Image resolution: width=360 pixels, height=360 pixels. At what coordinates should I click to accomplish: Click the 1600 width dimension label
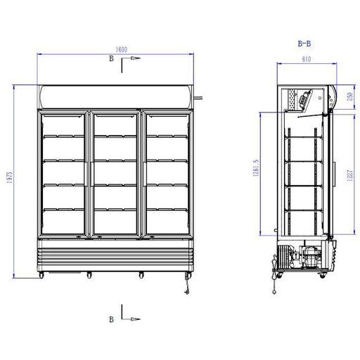(122, 49)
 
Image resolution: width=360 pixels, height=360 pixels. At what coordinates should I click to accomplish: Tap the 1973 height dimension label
(9, 177)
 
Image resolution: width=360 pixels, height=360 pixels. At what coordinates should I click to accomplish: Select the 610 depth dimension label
(307, 59)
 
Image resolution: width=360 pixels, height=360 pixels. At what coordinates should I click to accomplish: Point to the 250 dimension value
(350, 96)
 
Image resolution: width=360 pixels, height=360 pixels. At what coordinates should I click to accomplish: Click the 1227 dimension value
(349, 176)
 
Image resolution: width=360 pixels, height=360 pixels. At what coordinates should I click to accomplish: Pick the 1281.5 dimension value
(256, 167)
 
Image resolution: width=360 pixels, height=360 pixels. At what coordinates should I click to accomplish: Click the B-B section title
(304, 44)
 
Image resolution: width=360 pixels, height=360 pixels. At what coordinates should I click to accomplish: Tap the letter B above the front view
(111, 58)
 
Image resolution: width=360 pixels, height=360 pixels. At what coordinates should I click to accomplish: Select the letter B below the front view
(111, 319)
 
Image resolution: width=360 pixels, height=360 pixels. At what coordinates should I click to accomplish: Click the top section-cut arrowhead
(136, 58)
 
